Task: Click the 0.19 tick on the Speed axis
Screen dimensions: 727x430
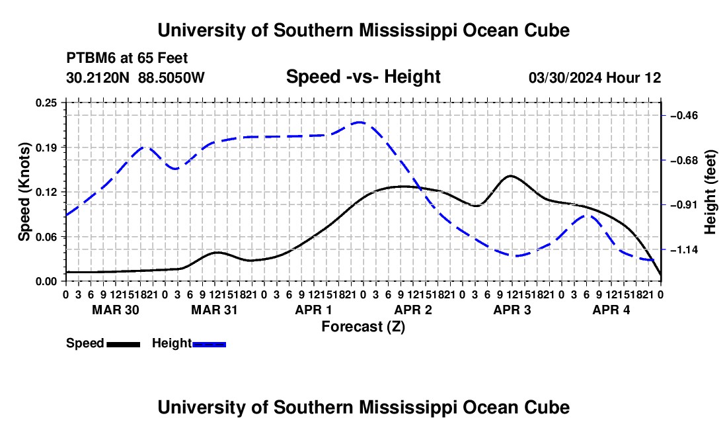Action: coord(46,148)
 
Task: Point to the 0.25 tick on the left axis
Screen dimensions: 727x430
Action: coord(46,103)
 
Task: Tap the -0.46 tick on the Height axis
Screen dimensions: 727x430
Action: coord(684,116)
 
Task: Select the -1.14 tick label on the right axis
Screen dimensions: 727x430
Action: coord(684,250)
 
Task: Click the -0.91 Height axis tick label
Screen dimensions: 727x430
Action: coord(684,205)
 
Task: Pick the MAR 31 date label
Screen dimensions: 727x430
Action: coord(214,310)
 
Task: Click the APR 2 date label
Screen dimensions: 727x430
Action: coord(412,310)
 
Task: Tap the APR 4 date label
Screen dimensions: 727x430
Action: coord(611,310)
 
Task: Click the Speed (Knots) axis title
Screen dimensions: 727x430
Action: coord(24,192)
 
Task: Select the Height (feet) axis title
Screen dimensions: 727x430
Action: coord(710,192)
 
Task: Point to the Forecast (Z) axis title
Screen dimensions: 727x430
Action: coord(363,327)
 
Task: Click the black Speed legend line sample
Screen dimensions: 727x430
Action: coord(124,344)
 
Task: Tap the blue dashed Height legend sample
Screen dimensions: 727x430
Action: coord(209,344)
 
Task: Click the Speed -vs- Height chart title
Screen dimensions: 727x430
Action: coord(363,77)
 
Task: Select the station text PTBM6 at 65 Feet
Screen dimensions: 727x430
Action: coord(127,58)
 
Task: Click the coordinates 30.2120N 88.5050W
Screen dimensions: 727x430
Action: coord(135,77)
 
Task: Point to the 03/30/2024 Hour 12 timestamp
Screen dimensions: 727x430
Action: coord(595,77)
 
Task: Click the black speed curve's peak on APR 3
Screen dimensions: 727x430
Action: coord(511,176)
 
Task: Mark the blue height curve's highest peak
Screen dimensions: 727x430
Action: coord(360,122)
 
